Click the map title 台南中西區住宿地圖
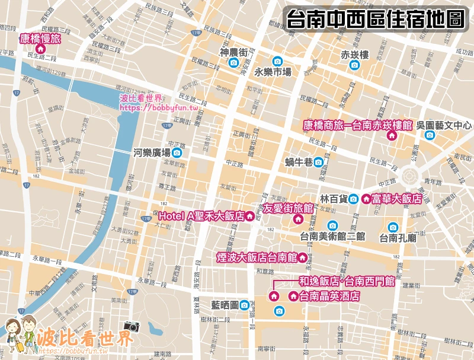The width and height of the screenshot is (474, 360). [x=374, y=18]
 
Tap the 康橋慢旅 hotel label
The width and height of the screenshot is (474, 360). [x=40, y=39]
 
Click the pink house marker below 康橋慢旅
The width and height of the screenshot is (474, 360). [x=40, y=50]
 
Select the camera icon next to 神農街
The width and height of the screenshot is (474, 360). [x=233, y=63]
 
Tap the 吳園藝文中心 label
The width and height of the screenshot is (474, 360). [x=444, y=126]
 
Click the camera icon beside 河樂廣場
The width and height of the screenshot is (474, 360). [x=177, y=153]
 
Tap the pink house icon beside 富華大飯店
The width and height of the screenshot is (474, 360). [x=366, y=199]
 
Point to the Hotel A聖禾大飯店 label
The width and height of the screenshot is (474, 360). [x=201, y=217]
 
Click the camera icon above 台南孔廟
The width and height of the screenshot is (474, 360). [x=393, y=227]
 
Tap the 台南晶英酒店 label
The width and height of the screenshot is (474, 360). [x=329, y=296]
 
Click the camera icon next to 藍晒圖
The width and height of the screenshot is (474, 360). [x=244, y=305]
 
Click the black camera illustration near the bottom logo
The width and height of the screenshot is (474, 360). [x=131, y=326]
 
